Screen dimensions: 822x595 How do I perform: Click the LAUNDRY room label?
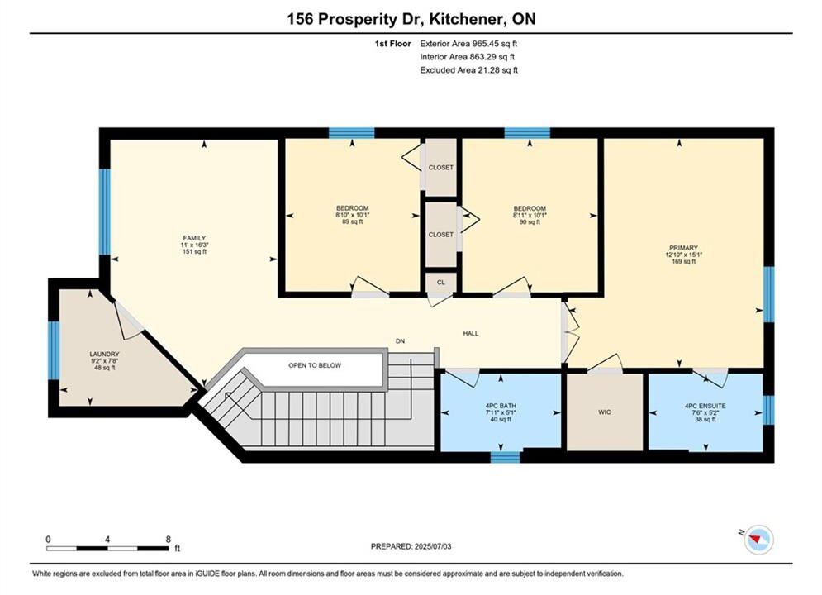tap(104, 355)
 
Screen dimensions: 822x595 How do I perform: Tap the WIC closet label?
tap(605, 412)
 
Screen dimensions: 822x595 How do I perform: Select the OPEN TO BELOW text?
tap(315, 365)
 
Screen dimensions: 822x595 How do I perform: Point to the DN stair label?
tap(400, 341)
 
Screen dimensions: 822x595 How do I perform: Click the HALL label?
tap(470, 333)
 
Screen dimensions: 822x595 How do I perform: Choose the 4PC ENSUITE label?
tap(705, 406)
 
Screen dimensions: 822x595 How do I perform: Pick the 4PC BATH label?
tap(501, 406)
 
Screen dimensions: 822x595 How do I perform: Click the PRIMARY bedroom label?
tap(683, 248)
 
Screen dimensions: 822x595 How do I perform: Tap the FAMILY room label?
tap(194, 238)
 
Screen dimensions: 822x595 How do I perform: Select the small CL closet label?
tap(441, 283)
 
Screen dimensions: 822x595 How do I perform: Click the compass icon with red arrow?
tap(758, 540)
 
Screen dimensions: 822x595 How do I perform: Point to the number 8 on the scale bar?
tap(169, 539)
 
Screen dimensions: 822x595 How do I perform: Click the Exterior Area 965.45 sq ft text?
tap(468, 44)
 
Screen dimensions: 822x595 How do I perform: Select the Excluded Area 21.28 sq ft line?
tap(468, 70)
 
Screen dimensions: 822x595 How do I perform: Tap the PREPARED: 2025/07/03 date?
tap(411, 546)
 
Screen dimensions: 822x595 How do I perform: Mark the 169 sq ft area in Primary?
tap(683, 262)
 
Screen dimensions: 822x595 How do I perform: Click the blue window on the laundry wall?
tap(54, 350)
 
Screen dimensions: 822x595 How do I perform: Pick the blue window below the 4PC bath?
tap(505, 457)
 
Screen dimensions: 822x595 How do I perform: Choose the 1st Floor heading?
tap(392, 44)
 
